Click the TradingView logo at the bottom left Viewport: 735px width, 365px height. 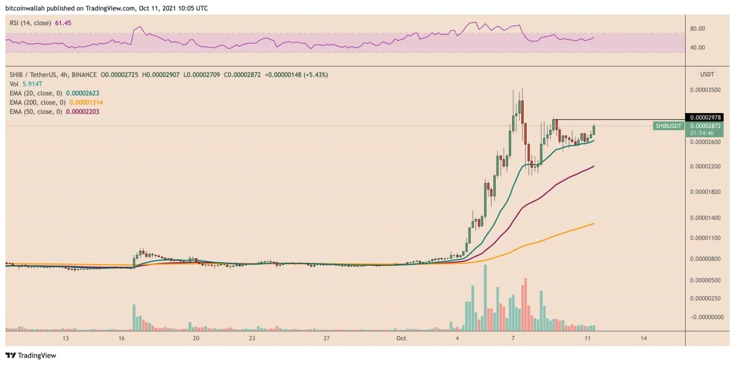point(31,355)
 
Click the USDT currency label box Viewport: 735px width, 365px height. point(707,75)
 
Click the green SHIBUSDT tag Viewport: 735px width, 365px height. point(668,126)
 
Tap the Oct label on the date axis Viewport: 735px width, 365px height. point(401,339)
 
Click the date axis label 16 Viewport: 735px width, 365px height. point(122,339)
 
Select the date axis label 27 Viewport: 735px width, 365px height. point(326,339)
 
